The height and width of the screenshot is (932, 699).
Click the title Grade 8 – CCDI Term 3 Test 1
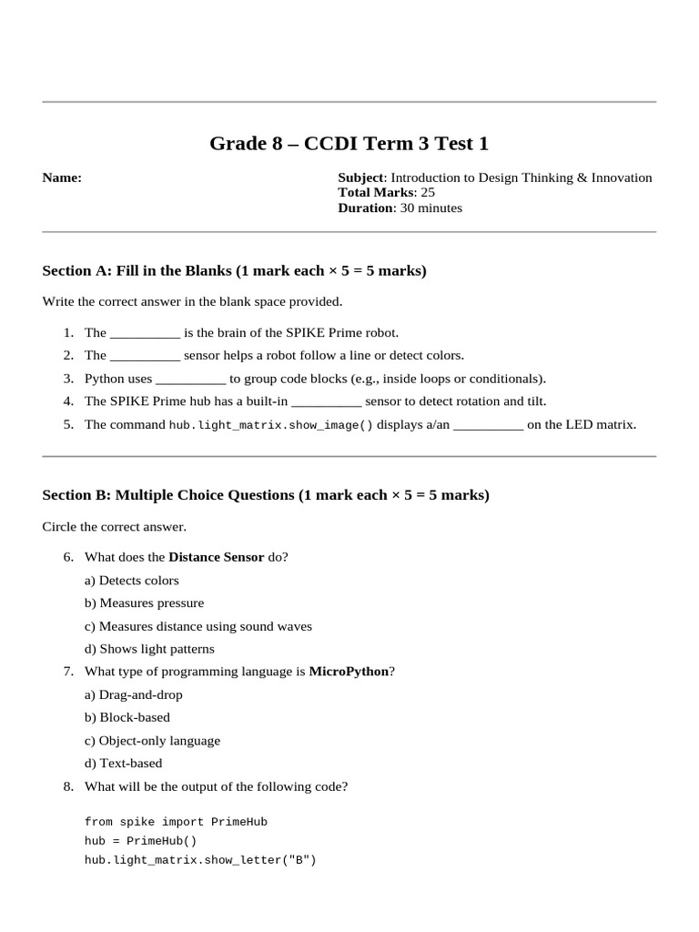point(349,143)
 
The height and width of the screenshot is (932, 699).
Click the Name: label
point(62,177)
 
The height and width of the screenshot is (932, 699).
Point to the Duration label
point(366,208)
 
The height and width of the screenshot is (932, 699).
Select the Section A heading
point(234,270)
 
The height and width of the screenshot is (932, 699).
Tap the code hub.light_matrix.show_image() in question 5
point(271,425)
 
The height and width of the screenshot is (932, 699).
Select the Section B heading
point(266,495)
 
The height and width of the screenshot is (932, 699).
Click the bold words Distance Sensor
point(217,557)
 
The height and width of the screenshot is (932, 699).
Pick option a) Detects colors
point(132,580)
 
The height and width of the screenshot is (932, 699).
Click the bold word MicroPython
point(349,672)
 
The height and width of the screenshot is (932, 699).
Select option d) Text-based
point(124,764)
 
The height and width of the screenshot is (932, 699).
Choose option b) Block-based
point(127,717)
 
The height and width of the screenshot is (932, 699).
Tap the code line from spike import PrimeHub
point(176,822)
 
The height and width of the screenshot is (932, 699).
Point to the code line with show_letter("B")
point(200,860)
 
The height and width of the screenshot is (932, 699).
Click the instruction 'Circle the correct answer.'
point(114,526)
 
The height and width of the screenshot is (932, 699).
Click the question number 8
point(68,786)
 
